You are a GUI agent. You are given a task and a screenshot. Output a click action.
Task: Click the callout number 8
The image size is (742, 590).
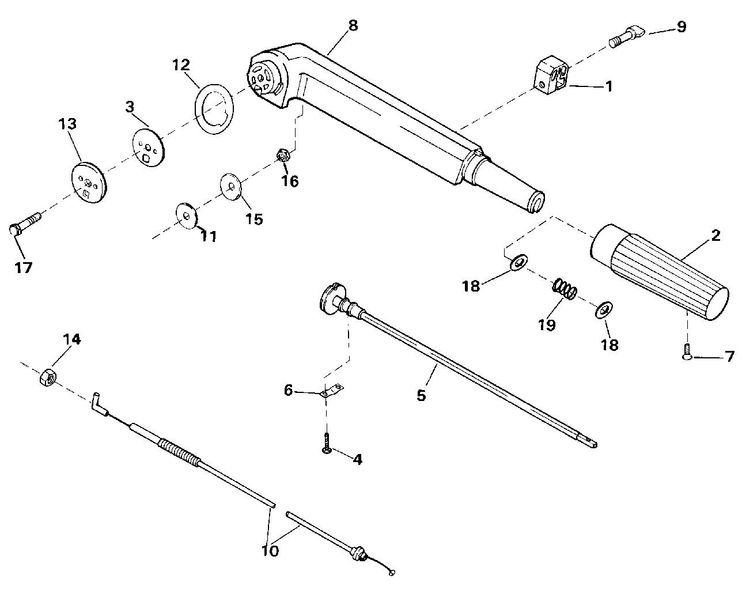click(353, 25)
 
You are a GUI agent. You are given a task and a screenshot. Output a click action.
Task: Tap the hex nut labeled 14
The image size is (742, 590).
click(48, 377)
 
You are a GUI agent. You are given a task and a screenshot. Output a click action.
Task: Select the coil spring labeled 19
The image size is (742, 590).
click(565, 290)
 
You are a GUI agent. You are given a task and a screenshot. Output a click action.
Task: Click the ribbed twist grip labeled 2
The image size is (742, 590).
click(659, 272)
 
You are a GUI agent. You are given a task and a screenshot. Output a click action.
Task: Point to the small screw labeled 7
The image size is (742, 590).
click(687, 353)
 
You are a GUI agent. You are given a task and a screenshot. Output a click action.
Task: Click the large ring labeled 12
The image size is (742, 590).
click(214, 109)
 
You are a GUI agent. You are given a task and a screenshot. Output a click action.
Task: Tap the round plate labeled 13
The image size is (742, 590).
click(89, 182)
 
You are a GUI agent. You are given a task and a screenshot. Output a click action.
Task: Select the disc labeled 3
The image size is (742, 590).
click(149, 147)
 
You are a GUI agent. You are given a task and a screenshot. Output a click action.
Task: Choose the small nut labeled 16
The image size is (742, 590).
click(284, 156)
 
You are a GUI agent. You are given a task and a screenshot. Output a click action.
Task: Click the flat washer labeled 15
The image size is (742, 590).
click(231, 187)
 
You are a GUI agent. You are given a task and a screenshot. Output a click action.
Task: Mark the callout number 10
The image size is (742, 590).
click(270, 551)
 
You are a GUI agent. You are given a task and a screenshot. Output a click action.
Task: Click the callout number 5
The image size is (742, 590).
click(421, 395)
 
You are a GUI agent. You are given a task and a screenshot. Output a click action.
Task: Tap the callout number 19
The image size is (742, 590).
click(547, 324)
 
